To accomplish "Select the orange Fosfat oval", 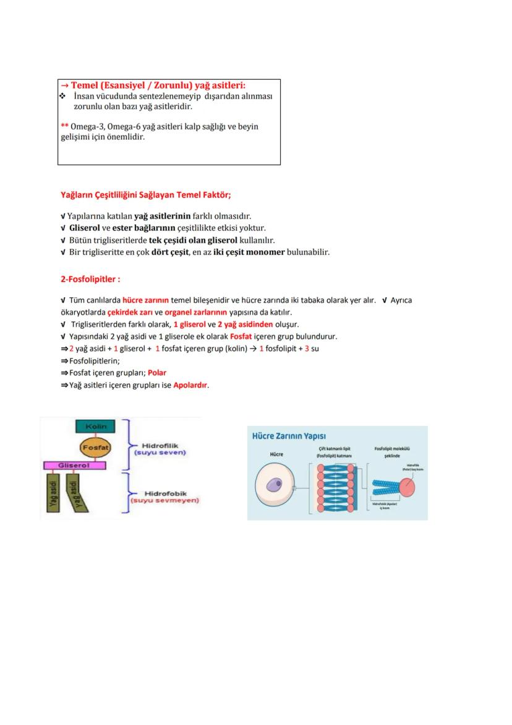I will (96, 446).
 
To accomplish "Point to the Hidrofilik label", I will (160, 445).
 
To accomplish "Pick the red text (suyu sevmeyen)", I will (164, 500).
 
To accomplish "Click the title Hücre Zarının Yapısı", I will (289, 436).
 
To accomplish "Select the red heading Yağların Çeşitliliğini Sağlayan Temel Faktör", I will (145, 195).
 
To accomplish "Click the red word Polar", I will (157, 373).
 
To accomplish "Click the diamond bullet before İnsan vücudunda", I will (62, 97).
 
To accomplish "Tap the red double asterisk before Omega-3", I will (64, 126).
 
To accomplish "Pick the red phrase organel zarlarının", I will (196, 312).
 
